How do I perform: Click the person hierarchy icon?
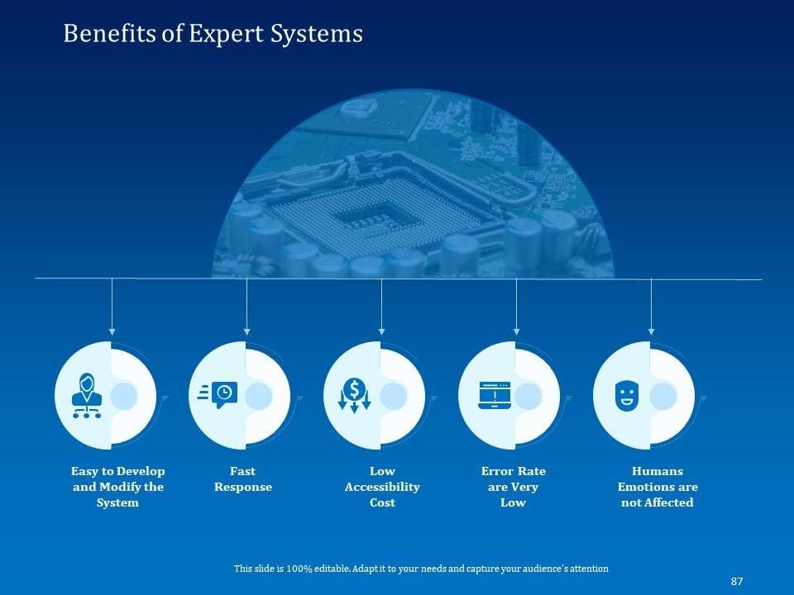point(86,396)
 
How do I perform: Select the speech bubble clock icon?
point(218,395)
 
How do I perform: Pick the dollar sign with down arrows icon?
point(354,395)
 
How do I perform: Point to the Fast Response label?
point(242,479)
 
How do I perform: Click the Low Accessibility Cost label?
point(382,487)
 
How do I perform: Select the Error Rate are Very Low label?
point(513,487)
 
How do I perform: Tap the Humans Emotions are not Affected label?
point(658,487)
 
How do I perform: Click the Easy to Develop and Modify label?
point(117,487)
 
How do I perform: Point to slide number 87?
point(737,582)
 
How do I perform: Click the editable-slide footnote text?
point(421,569)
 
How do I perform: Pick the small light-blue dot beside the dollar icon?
point(393,396)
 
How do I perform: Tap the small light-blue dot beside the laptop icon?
point(529,396)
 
